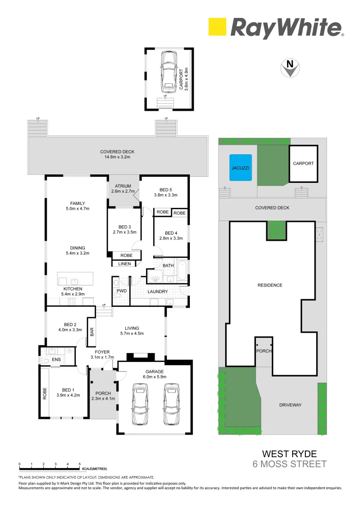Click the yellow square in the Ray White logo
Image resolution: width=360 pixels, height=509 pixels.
[217, 27]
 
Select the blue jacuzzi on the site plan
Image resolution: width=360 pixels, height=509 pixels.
[240, 167]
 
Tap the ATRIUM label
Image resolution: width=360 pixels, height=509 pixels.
[123, 186]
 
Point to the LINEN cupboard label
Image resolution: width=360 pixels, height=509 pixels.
[124, 264]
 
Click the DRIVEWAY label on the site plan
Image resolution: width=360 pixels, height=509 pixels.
[290, 405]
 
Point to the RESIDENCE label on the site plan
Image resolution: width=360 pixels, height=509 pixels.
[270, 285]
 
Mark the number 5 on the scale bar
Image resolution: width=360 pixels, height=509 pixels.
[80, 464]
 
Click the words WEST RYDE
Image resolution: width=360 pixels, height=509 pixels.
[289, 454]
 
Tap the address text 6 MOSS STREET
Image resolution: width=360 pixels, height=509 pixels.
[289, 464]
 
